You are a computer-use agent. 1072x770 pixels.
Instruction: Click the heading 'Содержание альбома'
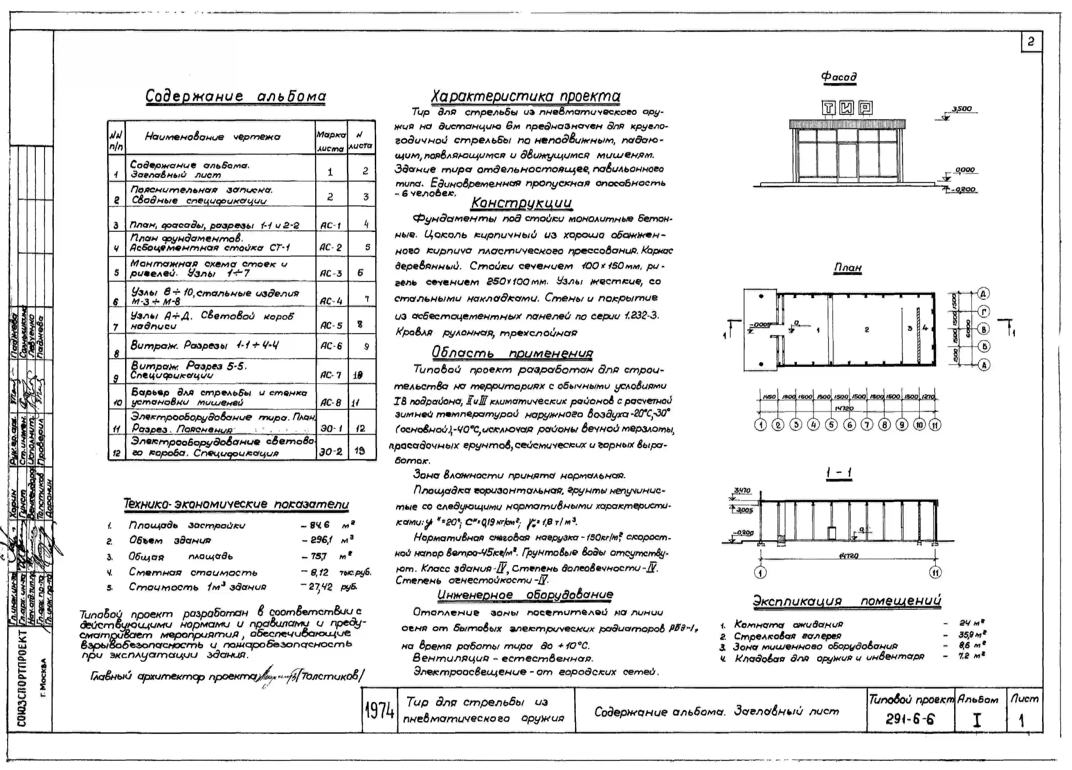(x=235, y=96)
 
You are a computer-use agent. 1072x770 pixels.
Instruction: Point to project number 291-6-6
(x=910, y=719)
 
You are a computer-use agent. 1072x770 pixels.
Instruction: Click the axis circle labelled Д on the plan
(x=984, y=294)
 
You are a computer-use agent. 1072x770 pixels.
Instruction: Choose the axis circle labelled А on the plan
(x=984, y=365)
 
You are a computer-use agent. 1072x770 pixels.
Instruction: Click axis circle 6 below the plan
(x=849, y=425)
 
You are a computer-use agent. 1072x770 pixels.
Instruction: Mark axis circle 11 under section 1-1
(x=935, y=573)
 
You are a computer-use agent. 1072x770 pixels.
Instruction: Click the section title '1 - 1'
(x=839, y=473)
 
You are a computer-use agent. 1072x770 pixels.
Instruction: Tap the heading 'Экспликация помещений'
(x=847, y=601)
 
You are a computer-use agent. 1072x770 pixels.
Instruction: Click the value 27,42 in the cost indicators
(x=321, y=587)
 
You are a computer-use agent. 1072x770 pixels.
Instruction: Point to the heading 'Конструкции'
(x=521, y=203)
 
